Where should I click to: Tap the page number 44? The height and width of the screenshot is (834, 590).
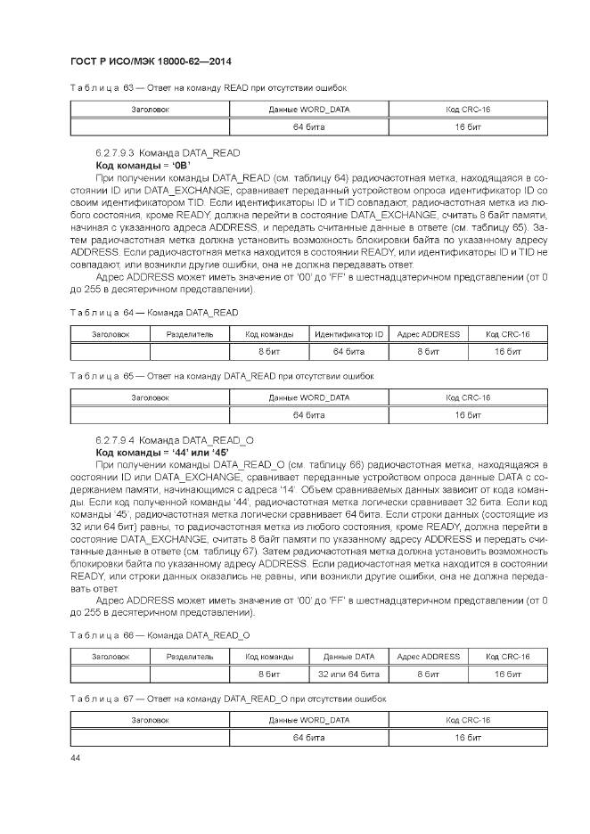coord(75,757)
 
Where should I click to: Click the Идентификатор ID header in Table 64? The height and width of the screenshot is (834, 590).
coord(348,334)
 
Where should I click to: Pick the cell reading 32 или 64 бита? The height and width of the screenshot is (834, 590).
coord(348,674)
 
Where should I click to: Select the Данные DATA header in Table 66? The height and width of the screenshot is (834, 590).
coord(348,657)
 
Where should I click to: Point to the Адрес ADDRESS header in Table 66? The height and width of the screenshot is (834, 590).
coord(428,657)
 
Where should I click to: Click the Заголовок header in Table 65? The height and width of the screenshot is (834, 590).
coord(150,397)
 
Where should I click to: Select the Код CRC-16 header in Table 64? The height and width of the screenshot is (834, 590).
coord(507,334)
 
